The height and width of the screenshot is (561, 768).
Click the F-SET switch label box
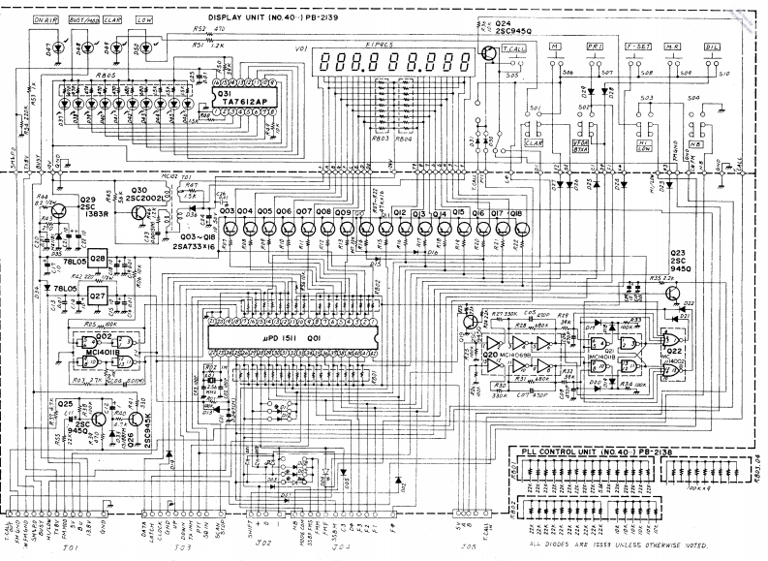[x=638, y=47]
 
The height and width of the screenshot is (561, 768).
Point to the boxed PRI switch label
[x=594, y=47]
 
